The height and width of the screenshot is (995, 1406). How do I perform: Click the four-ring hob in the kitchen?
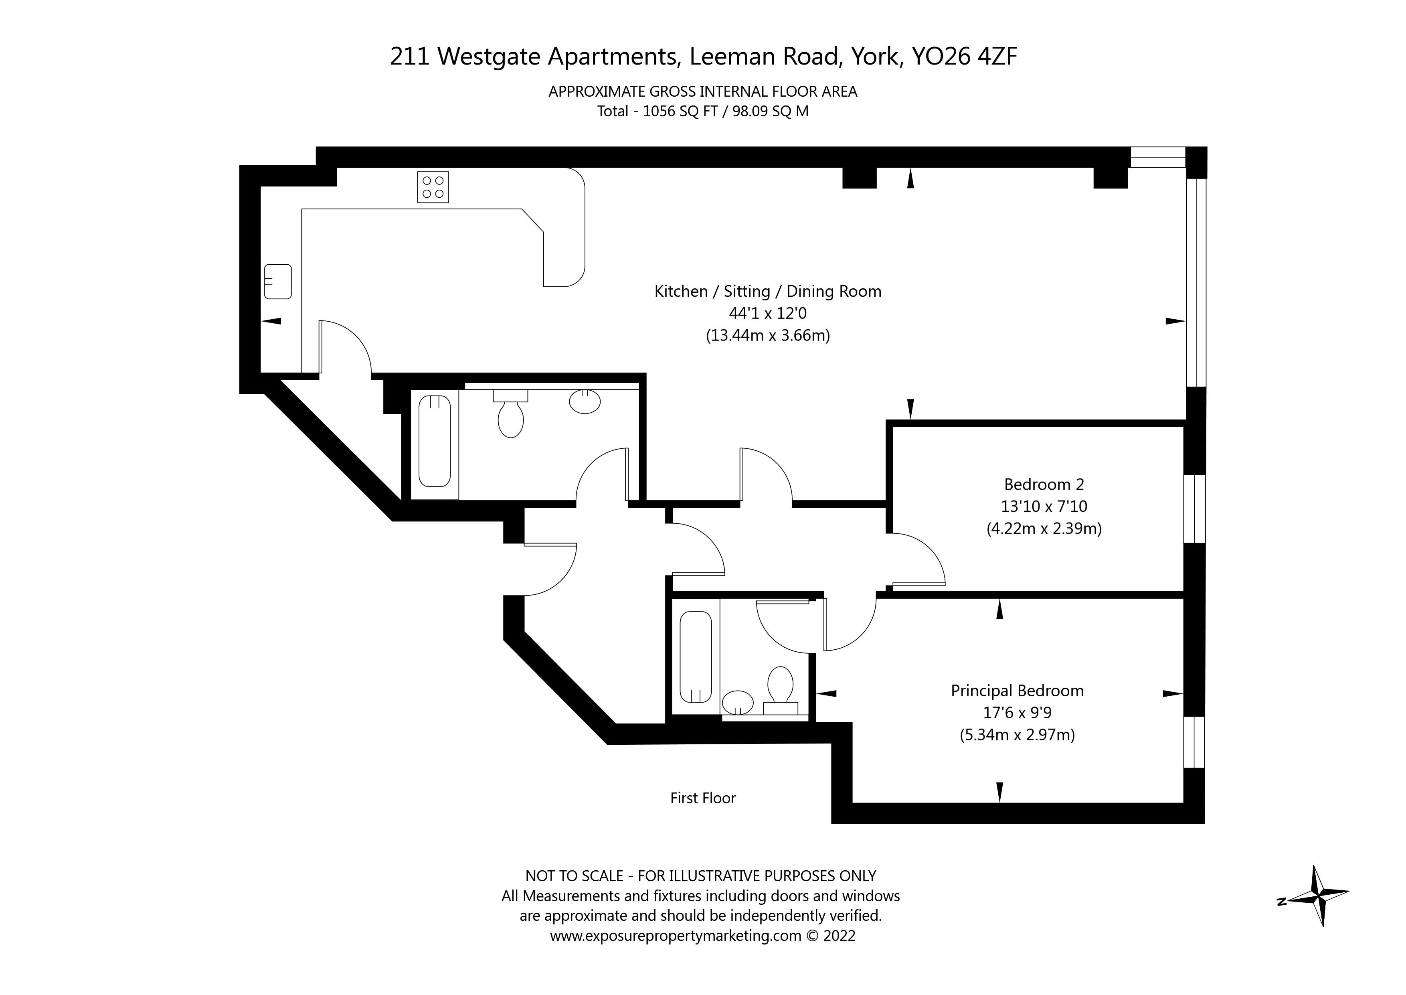coord(433,187)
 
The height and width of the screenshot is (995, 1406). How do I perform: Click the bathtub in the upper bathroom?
coord(435,441)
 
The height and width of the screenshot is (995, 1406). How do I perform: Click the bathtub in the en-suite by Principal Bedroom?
coord(696,657)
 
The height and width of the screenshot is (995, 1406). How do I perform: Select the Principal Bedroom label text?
coord(1017,691)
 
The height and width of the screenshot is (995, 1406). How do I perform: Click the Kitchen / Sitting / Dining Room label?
coord(767,292)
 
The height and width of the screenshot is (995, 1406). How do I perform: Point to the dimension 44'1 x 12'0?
coord(767,314)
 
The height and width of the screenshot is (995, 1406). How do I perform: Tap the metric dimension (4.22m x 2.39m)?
coord(1044,529)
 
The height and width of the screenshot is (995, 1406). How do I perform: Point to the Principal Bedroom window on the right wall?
coord(1194,742)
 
